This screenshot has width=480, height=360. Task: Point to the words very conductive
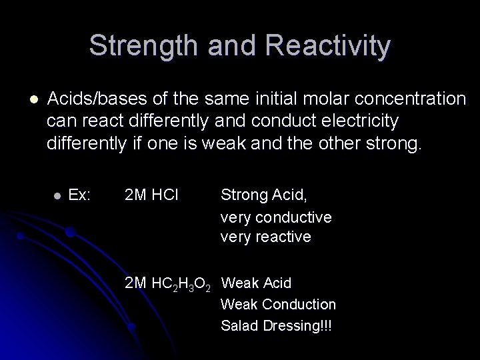click(x=275, y=217)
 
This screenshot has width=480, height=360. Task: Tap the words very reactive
click(x=265, y=237)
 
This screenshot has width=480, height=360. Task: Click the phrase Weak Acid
click(x=256, y=283)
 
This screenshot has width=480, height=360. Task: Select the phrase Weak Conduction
click(x=278, y=305)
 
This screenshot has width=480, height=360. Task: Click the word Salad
click(x=239, y=326)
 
